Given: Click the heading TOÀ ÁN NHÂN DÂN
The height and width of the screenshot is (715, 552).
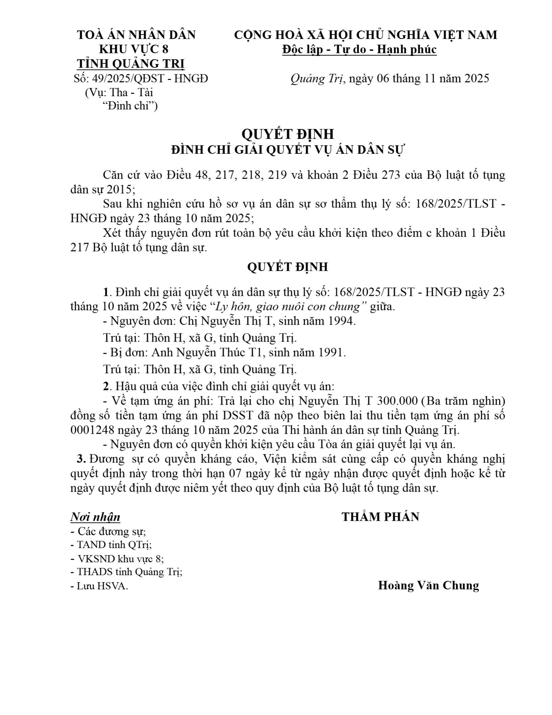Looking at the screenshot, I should coord(136,35).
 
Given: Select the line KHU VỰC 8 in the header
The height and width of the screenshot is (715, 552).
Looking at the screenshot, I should coord(133,49).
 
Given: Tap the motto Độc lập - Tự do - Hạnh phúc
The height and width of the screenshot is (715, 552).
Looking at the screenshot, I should coord(360,49).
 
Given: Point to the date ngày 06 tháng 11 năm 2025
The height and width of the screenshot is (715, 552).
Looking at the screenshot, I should coord(419,79).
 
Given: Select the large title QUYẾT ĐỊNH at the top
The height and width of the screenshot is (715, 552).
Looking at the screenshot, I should coord(287,134).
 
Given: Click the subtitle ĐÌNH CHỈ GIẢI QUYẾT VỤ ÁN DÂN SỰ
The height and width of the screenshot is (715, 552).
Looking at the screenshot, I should coord(287,150).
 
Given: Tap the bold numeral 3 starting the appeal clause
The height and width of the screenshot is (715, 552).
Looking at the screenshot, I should coord(80,459).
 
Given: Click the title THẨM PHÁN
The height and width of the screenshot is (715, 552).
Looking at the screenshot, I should coord(380,517).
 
